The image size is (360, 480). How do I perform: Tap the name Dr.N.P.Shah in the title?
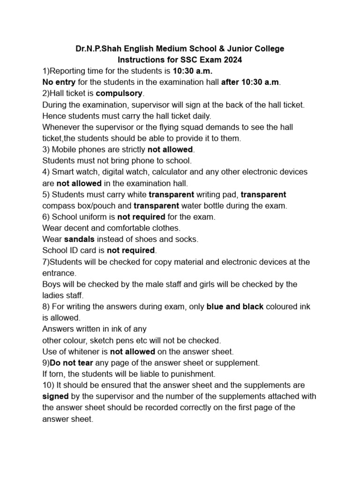(x=98, y=49)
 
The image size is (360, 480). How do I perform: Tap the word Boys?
(x=52, y=284)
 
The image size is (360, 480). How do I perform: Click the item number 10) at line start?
(x=48, y=385)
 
